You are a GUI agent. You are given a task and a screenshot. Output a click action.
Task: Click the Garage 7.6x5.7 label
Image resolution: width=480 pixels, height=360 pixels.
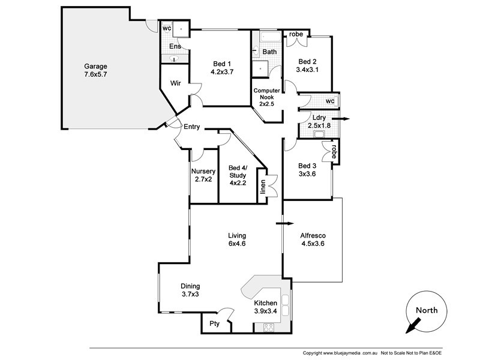[95, 71]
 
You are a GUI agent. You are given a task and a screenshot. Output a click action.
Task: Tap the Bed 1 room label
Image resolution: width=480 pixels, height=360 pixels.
[221, 67]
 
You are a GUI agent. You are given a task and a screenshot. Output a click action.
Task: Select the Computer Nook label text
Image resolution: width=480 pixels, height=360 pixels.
[267, 97]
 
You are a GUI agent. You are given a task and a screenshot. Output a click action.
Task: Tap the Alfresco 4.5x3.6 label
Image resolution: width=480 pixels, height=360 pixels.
[312, 239]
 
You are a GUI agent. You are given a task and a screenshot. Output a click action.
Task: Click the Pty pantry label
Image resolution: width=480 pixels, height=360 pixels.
[214, 323]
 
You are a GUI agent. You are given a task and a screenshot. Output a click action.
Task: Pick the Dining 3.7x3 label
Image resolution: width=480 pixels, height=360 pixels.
[190, 290]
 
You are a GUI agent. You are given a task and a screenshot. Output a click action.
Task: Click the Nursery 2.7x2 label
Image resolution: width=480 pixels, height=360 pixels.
[203, 175]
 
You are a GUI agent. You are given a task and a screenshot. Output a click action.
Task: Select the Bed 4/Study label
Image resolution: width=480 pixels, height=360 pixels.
[238, 175]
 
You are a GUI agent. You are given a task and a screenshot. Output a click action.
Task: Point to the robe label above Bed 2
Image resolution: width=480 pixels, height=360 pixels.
[296, 35]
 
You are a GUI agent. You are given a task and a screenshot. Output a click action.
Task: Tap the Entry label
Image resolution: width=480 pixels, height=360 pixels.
[191, 127]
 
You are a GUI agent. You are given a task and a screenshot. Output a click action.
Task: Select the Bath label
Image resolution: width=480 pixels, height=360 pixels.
[269, 52]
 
